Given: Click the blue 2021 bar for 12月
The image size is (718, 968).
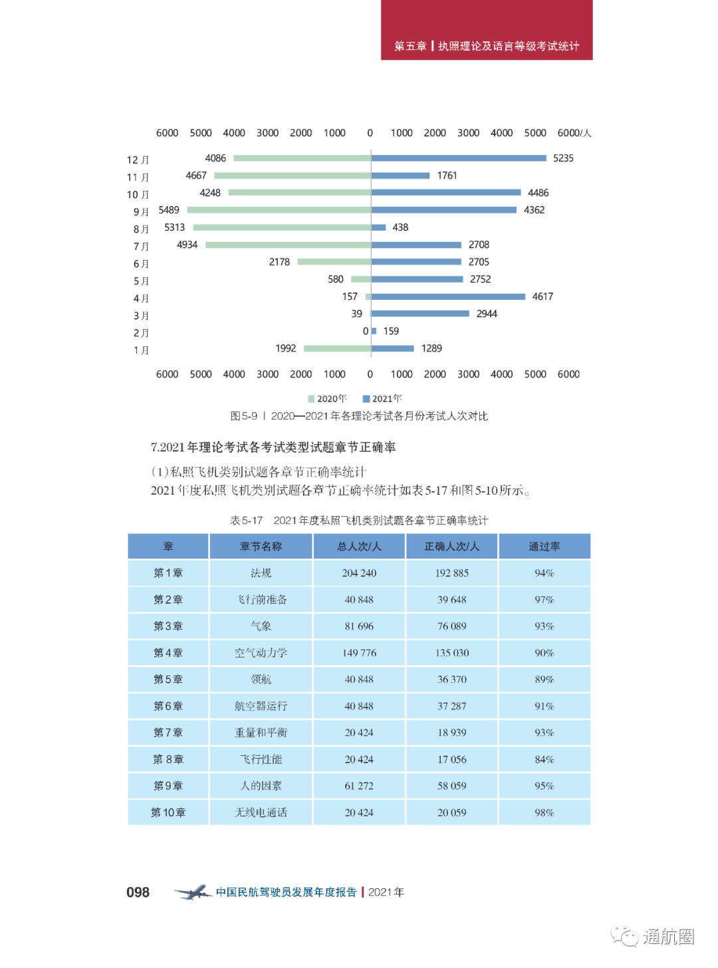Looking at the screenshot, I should click(459, 158).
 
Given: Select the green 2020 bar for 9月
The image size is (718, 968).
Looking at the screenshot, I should click(279, 210).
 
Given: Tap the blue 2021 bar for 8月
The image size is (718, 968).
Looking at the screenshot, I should click(378, 227).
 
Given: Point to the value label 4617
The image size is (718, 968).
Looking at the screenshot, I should click(542, 297).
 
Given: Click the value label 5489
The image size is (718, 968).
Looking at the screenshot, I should click(169, 210).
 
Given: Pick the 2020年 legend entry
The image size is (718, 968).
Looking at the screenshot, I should click(327, 399).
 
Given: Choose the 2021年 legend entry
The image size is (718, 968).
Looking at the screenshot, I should click(382, 399).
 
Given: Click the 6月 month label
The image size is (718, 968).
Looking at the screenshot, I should click(141, 264).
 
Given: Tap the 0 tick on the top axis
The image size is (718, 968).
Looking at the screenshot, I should click(370, 133).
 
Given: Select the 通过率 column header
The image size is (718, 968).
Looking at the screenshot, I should click(544, 546).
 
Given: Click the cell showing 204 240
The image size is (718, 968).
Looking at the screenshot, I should click(359, 573).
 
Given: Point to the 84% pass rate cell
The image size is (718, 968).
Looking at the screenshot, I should click(544, 759).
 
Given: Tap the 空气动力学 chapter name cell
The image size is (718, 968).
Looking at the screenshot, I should click(261, 653).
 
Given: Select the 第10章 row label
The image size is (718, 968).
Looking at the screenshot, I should click(168, 812).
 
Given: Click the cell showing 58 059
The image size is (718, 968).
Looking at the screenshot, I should click(452, 786).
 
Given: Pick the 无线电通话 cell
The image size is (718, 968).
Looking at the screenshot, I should click(261, 812).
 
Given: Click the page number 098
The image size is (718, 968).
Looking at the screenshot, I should click(138, 892).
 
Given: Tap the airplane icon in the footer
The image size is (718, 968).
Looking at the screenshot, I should click(192, 892).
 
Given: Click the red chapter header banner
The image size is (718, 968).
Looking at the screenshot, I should click(487, 31).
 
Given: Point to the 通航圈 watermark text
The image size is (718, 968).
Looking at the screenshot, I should click(667, 937).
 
